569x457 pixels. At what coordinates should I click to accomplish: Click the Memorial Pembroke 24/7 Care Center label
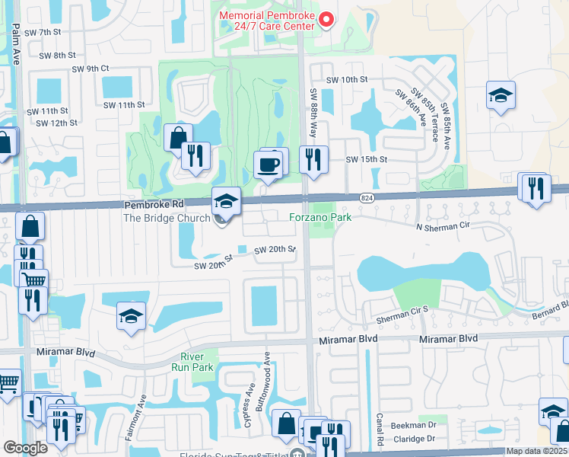(x=266, y=21)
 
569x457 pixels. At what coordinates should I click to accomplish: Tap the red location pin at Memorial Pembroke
(x=327, y=19)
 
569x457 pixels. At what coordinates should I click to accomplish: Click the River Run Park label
(x=197, y=362)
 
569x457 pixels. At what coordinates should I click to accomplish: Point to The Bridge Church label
(x=166, y=218)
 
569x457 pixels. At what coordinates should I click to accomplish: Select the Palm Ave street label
(x=16, y=38)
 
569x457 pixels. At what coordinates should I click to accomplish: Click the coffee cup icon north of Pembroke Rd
(x=269, y=164)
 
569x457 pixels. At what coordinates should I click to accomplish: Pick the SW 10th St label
(x=347, y=79)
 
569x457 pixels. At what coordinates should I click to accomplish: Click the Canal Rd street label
(x=378, y=430)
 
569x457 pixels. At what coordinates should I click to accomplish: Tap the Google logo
(x=25, y=448)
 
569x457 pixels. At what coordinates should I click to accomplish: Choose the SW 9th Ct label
(x=91, y=69)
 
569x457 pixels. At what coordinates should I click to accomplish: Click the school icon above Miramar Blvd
(x=131, y=317)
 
